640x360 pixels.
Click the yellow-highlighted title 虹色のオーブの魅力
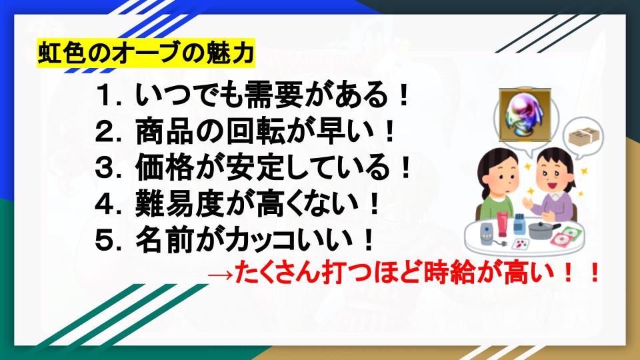click(145, 53)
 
